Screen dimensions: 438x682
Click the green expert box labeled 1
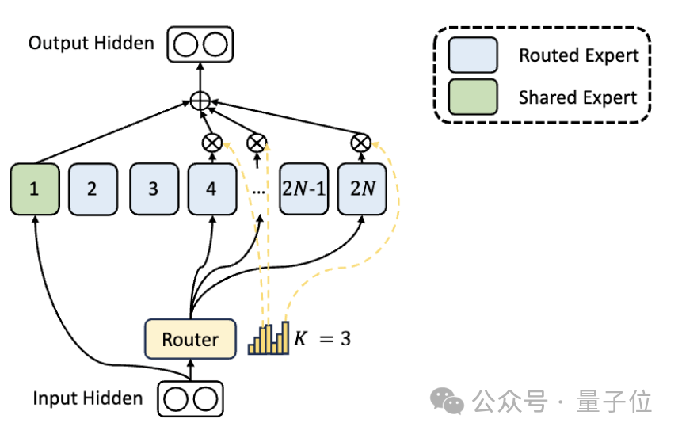35,189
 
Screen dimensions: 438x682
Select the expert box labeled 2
93,189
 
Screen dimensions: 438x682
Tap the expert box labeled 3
153,189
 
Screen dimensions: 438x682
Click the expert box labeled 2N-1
303,189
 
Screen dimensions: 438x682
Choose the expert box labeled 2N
361,189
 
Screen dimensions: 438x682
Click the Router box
190,339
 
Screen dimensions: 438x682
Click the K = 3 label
322,339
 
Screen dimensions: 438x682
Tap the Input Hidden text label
87,398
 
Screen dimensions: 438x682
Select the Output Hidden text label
91,42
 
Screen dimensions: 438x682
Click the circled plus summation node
200,101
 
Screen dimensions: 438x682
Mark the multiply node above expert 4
212,143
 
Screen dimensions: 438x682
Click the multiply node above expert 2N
361,143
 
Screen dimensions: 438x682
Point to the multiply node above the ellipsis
257,143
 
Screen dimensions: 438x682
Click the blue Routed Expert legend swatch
472,55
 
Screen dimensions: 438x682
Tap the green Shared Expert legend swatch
472,97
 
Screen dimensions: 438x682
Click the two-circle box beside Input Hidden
190,398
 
